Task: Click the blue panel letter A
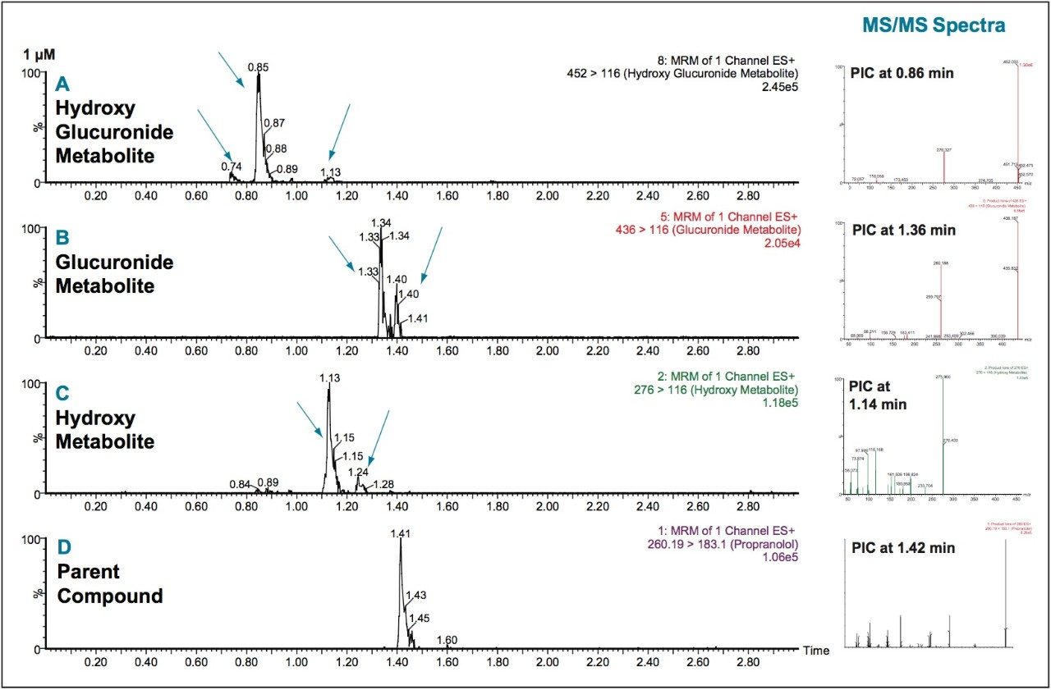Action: (x=62, y=84)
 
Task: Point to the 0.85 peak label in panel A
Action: (x=259, y=66)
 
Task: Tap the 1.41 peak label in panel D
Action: (x=401, y=533)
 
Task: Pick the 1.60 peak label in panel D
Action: (x=447, y=640)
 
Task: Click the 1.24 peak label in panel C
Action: (x=359, y=472)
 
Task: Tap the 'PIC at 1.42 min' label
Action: (x=904, y=547)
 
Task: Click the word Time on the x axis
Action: (x=816, y=651)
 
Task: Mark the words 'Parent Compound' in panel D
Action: (x=109, y=583)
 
